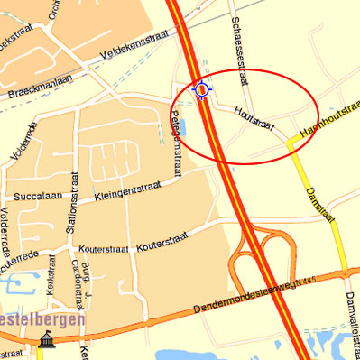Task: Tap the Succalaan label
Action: point(35,195)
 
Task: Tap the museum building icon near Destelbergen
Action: point(46,341)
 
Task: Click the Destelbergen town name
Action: point(42,318)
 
